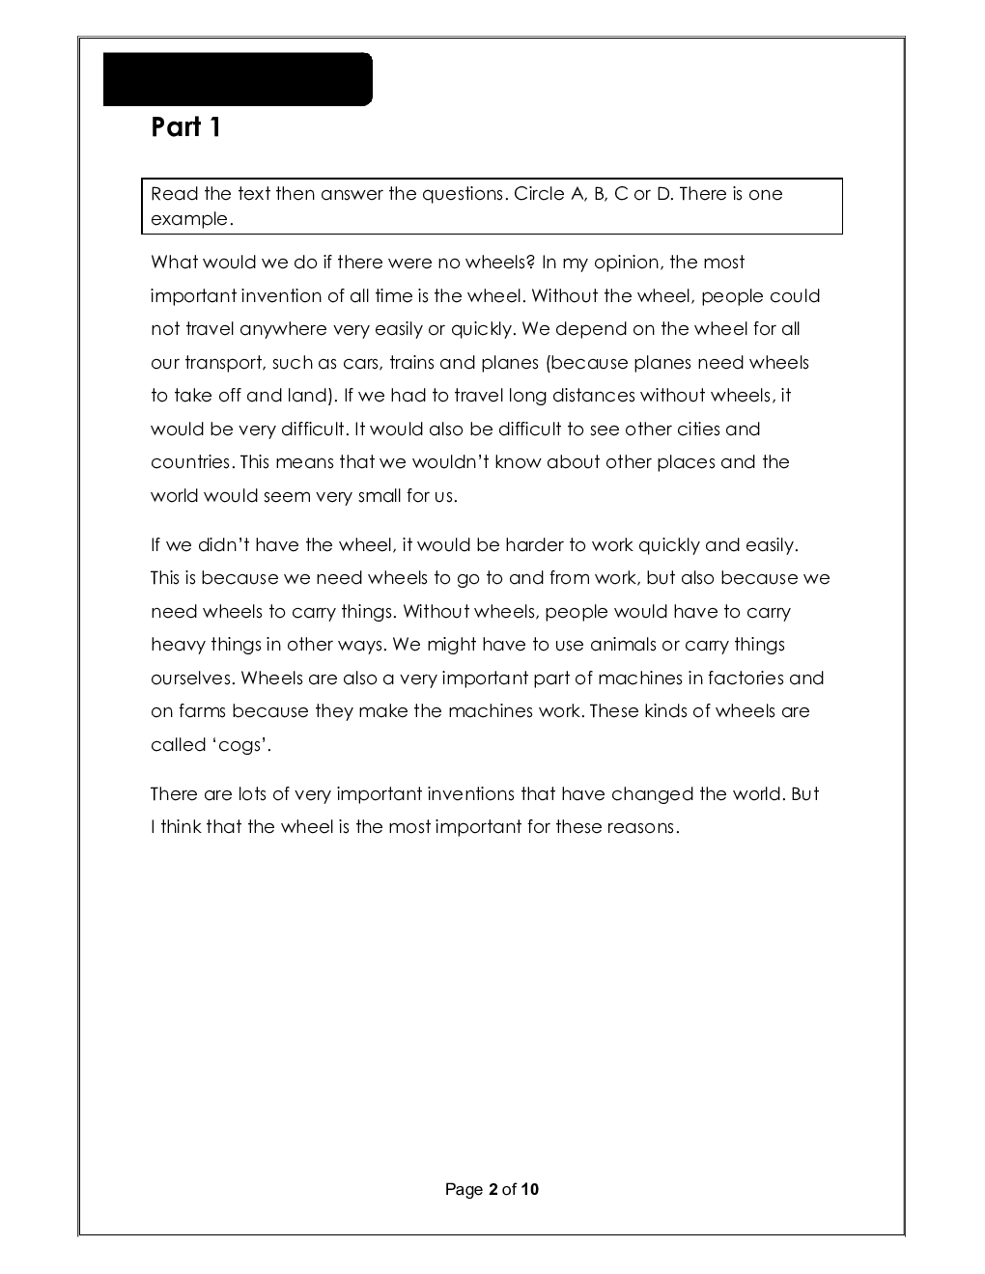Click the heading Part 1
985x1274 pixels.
tap(186, 127)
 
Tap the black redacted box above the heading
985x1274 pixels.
tap(238, 79)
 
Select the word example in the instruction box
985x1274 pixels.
tap(190, 219)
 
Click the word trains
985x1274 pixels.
tap(413, 363)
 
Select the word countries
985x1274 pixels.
tap(192, 462)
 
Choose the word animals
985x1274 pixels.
tap(621, 645)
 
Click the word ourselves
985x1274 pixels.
tap(192, 679)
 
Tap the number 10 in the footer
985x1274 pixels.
tap(530, 1189)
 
